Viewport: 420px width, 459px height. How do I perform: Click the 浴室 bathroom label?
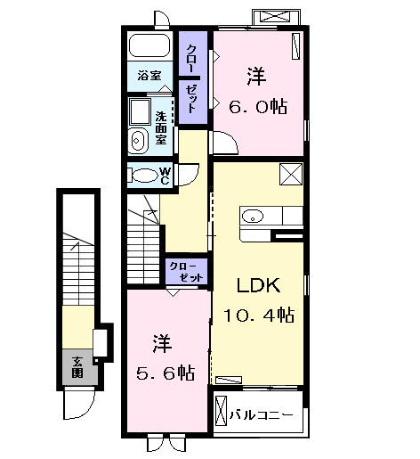click(149, 76)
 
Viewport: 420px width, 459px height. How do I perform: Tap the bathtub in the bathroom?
click(152, 46)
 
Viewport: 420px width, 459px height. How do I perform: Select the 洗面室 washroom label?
click(161, 128)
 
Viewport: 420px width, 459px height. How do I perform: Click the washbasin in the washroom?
click(137, 139)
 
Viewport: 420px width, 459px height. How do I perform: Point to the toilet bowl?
click(142, 175)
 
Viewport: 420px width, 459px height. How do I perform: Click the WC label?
click(165, 175)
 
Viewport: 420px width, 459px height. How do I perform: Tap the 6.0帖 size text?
click(257, 106)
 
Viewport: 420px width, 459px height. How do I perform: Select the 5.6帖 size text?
click(166, 372)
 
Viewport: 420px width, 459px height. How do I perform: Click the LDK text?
click(258, 286)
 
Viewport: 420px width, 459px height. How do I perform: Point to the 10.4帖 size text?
click(259, 315)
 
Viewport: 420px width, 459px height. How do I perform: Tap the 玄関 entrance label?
click(77, 366)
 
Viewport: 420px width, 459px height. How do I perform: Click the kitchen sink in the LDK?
click(252, 215)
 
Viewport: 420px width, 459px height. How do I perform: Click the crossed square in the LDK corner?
click(291, 174)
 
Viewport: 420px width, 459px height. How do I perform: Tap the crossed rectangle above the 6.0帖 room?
click(273, 16)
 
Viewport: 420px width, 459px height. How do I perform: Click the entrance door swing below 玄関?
click(77, 406)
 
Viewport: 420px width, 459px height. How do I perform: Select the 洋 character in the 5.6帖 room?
click(161, 342)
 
